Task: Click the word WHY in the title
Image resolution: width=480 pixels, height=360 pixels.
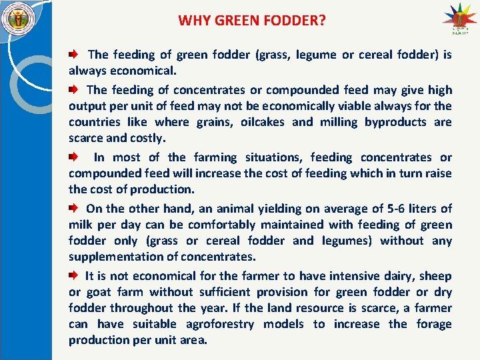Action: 193,21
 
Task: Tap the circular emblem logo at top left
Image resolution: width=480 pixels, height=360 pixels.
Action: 16,19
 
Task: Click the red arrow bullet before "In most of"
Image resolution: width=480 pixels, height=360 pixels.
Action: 74,157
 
